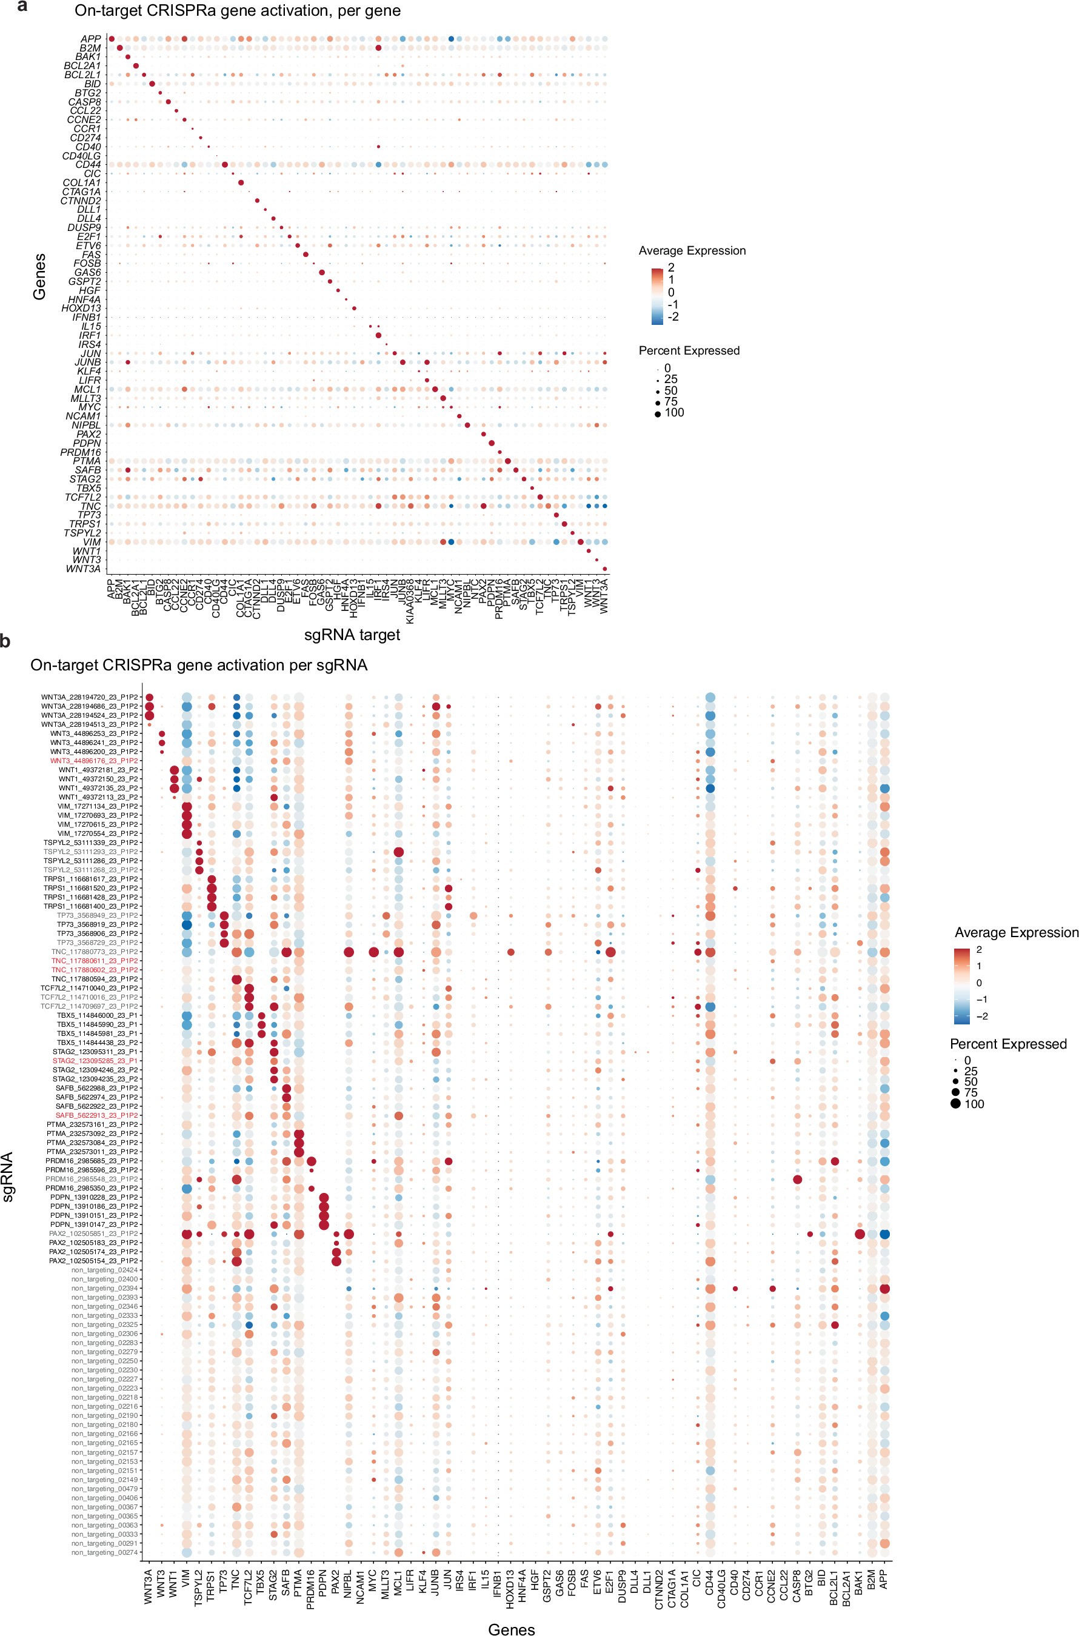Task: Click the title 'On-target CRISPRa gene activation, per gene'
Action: [x=238, y=11]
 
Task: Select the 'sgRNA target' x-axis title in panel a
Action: [x=352, y=635]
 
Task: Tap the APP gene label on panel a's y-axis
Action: [x=91, y=39]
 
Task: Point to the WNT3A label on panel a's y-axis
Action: [x=83, y=569]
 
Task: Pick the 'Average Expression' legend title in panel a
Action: [x=692, y=250]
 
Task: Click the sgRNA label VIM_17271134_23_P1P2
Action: [x=96, y=806]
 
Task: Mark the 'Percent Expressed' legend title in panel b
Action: [x=1008, y=1044]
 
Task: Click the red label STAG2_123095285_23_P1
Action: [x=96, y=1061]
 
